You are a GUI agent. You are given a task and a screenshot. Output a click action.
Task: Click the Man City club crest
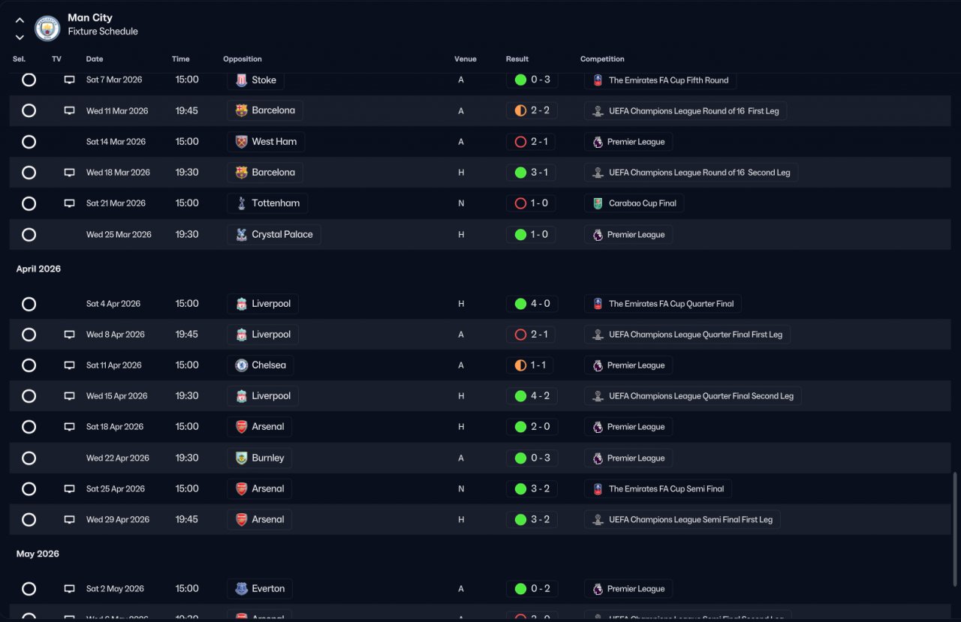[x=47, y=29]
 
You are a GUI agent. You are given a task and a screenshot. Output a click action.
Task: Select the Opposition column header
[x=243, y=59]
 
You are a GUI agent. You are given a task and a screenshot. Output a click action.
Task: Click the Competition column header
[x=602, y=59]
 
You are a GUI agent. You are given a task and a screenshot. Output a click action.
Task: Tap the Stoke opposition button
[x=255, y=80]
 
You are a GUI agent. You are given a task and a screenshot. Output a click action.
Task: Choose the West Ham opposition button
[x=266, y=142]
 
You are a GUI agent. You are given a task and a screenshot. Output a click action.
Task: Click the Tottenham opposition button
[x=267, y=203]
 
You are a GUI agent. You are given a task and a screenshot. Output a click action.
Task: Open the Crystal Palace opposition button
[x=274, y=235]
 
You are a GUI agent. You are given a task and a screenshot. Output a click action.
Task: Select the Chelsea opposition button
[x=260, y=365]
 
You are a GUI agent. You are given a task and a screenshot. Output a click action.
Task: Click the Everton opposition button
[x=260, y=589]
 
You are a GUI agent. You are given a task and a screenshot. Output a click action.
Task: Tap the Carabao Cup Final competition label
[x=634, y=203]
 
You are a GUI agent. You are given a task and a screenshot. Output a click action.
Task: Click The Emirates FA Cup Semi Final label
[x=658, y=489]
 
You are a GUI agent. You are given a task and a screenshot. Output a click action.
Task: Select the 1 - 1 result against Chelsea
[x=532, y=365]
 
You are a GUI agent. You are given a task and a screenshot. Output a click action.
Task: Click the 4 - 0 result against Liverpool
[x=532, y=304]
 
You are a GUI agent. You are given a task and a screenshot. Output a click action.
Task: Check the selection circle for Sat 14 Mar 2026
[x=29, y=142]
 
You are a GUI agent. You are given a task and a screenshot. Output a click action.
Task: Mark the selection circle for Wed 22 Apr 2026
[x=29, y=458]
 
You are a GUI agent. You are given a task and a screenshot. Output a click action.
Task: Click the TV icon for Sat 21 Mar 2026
[x=69, y=203]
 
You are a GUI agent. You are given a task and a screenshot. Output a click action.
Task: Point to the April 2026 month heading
[x=38, y=269]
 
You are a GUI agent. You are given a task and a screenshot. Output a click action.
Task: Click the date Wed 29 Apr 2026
[x=118, y=520]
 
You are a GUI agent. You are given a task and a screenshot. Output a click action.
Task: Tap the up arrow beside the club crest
[x=20, y=21]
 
